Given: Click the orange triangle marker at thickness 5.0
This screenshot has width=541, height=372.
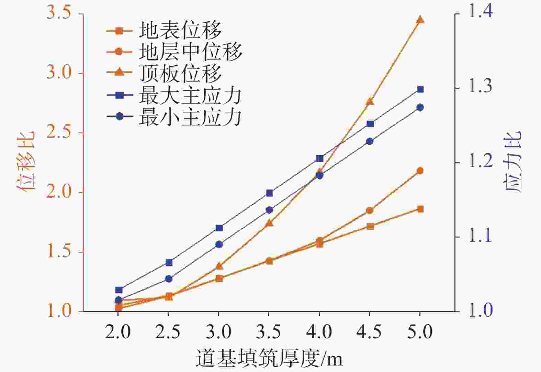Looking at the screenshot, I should (420, 20).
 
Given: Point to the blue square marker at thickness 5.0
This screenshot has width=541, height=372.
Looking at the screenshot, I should (420, 89).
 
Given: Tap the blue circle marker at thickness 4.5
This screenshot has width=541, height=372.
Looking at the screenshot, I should (370, 141).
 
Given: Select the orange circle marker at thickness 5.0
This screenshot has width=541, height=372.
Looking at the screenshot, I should (420, 171).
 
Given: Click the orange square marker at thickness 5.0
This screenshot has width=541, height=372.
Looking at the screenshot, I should (420, 209).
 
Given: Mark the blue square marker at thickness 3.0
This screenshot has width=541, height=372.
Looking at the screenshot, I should (219, 228).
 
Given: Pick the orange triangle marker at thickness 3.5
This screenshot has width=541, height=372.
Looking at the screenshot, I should (269, 223).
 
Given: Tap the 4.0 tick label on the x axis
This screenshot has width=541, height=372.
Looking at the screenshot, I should (319, 332).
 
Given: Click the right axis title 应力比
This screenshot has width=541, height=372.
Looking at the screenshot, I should (514, 162).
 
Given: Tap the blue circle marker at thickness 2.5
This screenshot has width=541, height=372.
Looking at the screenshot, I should (169, 279).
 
